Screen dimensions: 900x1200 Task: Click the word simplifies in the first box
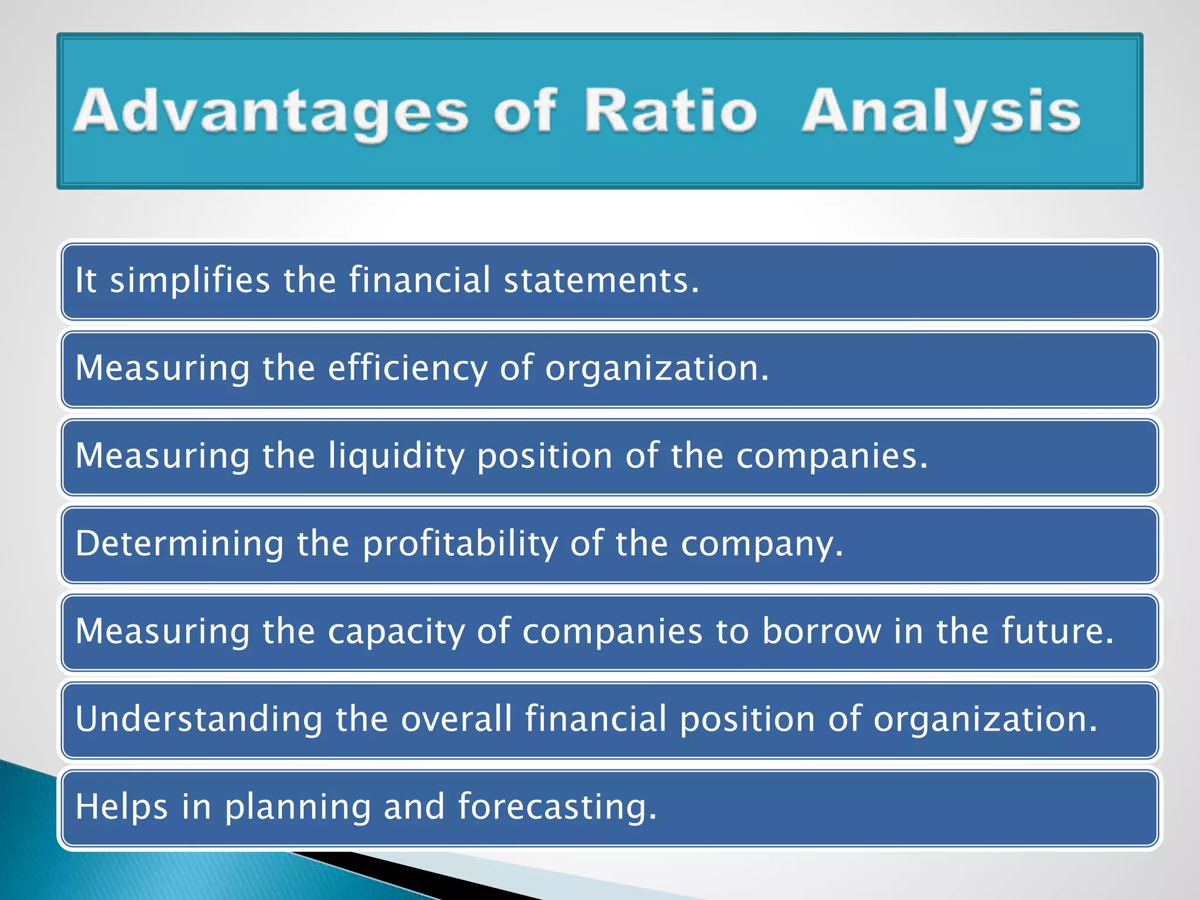190,280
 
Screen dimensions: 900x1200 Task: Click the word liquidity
396,456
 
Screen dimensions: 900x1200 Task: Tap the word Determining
179,543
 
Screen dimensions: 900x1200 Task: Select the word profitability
460,544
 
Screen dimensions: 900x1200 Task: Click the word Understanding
199,720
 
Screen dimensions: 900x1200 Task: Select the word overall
456,719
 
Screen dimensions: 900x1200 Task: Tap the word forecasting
557,807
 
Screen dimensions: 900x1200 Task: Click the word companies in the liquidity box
831,456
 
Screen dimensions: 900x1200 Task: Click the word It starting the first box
86,280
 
